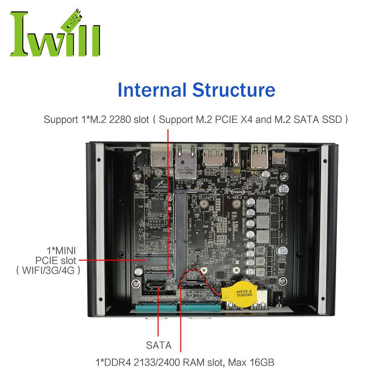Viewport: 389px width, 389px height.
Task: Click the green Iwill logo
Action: [54, 34]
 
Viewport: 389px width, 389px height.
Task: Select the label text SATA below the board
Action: [158, 345]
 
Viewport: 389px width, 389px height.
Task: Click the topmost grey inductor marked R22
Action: [262, 205]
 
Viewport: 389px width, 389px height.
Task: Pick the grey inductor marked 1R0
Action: [262, 252]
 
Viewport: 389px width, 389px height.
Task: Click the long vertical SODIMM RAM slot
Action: [181, 233]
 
